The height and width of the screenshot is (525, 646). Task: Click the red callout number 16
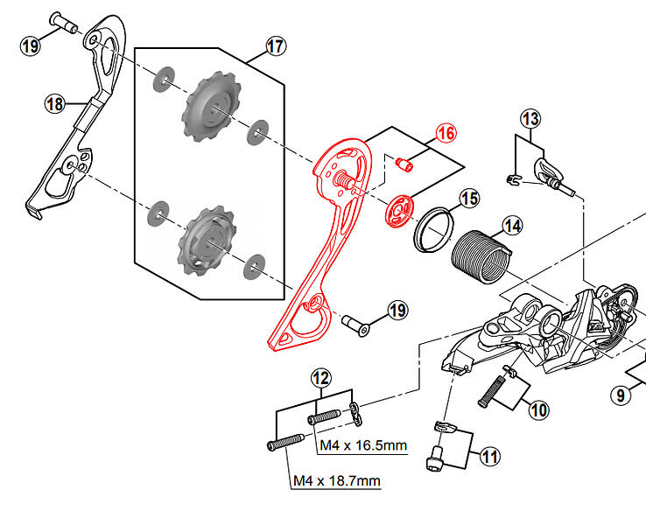pyautogui.click(x=446, y=133)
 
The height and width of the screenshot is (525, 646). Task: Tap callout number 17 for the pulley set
pyautogui.click(x=276, y=46)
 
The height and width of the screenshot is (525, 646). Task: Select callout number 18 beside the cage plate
pyautogui.click(x=55, y=104)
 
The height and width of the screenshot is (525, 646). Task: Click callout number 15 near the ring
pyautogui.click(x=469, y=199)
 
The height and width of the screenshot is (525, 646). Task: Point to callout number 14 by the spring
pyautogui.click(x=513, y=226)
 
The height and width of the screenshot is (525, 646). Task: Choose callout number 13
pyautogui.click(x=530, y=119)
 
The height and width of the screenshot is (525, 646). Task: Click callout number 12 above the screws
pyautogui.click(x=321, y=378)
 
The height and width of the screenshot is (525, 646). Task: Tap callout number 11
pyautogui.click(x=490, y=456)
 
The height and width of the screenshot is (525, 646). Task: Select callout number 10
pyautogui.click(x=538, y=409)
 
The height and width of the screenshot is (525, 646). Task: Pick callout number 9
pyautogui.click(x=621, y=395)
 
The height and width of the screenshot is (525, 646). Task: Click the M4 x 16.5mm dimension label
pyautogui.click(x=363, y=445)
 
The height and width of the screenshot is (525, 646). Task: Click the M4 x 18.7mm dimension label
pyautogui.click(x=337, y=480)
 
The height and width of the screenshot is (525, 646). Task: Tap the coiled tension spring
pyautogui.click(x=481, y=256)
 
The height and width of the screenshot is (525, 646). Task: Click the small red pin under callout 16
pyautogui.click(x=404, y=164)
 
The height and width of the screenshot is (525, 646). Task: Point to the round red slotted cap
pyautogui.click(x=399, y=211)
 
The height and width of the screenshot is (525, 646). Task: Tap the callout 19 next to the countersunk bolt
pyautogui.click(x=397, y=310)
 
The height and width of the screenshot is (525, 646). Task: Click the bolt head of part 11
pyautogui.click(x=434, y=459)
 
